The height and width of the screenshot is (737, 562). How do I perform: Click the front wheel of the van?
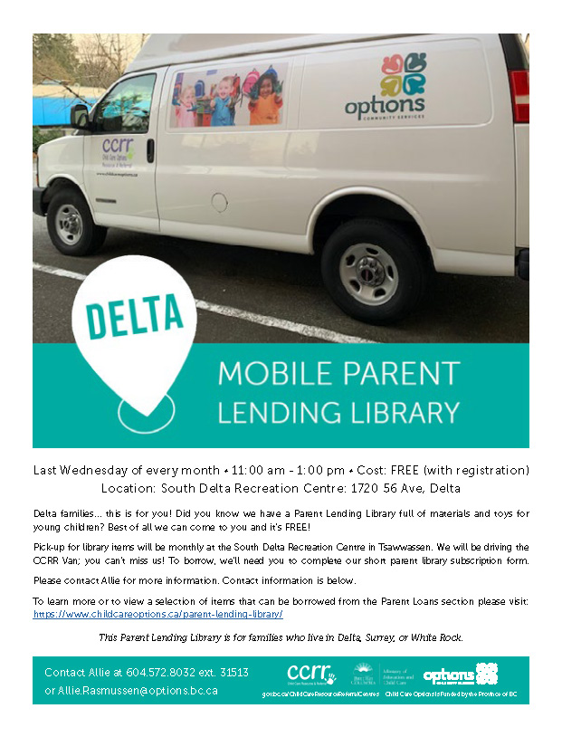pos(70,224)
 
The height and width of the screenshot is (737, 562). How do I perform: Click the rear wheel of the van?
pos(369,273)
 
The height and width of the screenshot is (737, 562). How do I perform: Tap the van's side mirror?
pos(80,116)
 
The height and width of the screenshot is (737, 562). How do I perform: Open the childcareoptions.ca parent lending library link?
pos(158,614)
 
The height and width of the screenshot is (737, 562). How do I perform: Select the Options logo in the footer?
pos(461,674)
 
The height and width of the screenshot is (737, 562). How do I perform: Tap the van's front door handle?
pos(150,150)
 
